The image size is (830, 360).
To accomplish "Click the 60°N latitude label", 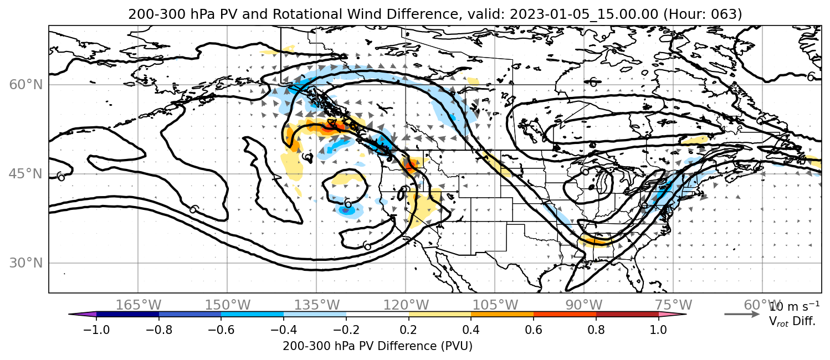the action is pyautogui.click(x=26, y=85).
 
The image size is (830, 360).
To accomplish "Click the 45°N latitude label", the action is pyautogui.click(x=26, y=174).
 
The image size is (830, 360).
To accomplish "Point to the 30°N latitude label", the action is pyautogui.click(x=26, y=263).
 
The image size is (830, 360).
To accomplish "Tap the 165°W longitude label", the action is pyautogui.click(x=139, y=305).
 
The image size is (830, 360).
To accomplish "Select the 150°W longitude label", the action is pyautogui.click(x=228, y=305).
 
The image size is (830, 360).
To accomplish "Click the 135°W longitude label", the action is pyautogui.click(x=317, y=305).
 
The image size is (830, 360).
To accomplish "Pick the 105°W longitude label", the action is pyautogui.click(x=495, y=305).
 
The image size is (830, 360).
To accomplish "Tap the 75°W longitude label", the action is pyautogui.click(x=673, y=305).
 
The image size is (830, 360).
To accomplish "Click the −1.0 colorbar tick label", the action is pyautogui.click(x=96, y=330).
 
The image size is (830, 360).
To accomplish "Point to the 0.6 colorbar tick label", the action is pyautogui.click(x=534, y=330).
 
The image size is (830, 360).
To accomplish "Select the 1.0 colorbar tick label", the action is pyautogui.click(x=658, y=330).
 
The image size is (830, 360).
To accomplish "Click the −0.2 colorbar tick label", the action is pyautogui.click(x=346, y=330).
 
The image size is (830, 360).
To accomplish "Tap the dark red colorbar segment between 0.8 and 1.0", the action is pyautogui.click(x=627, y=315).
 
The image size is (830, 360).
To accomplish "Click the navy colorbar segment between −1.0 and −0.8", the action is pyautogui.click(x=128, y=315).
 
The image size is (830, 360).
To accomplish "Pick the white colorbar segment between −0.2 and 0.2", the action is pyautogui.click(x=377, y=315).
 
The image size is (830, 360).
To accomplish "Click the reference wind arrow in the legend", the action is pyautogui.click(x=742, y=315).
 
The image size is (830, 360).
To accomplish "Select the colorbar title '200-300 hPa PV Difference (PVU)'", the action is pyautogui.click(x=377, y=346).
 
